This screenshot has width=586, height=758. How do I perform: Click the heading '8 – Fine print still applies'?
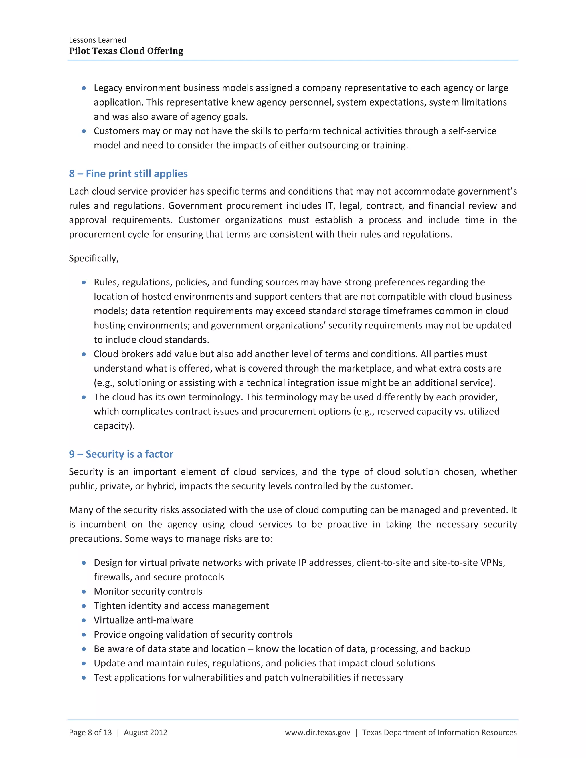click(x=128, y=174)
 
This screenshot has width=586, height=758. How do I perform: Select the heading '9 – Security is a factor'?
click(x=121, y=454)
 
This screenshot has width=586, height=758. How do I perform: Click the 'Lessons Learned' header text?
click(x=98, y=40)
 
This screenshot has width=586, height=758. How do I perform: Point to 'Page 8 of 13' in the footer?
click(x=90, y=732)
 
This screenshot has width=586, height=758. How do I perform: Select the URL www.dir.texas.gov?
click(x=318, y=732)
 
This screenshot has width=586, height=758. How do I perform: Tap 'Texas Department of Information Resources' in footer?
click(x=439, y=732)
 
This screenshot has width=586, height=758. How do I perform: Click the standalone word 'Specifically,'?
click(x=94, y=258)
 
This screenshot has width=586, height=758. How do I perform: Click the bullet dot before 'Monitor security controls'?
click(x=84, y=592)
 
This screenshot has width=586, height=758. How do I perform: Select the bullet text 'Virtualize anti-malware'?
click(x=143, y=620)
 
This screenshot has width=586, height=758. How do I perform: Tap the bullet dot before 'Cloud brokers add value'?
click(x=84, y=354)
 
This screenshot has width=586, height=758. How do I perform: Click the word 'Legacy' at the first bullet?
click(x=108, y=88)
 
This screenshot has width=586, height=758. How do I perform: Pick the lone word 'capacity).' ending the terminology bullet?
click(x=114, y=426)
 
